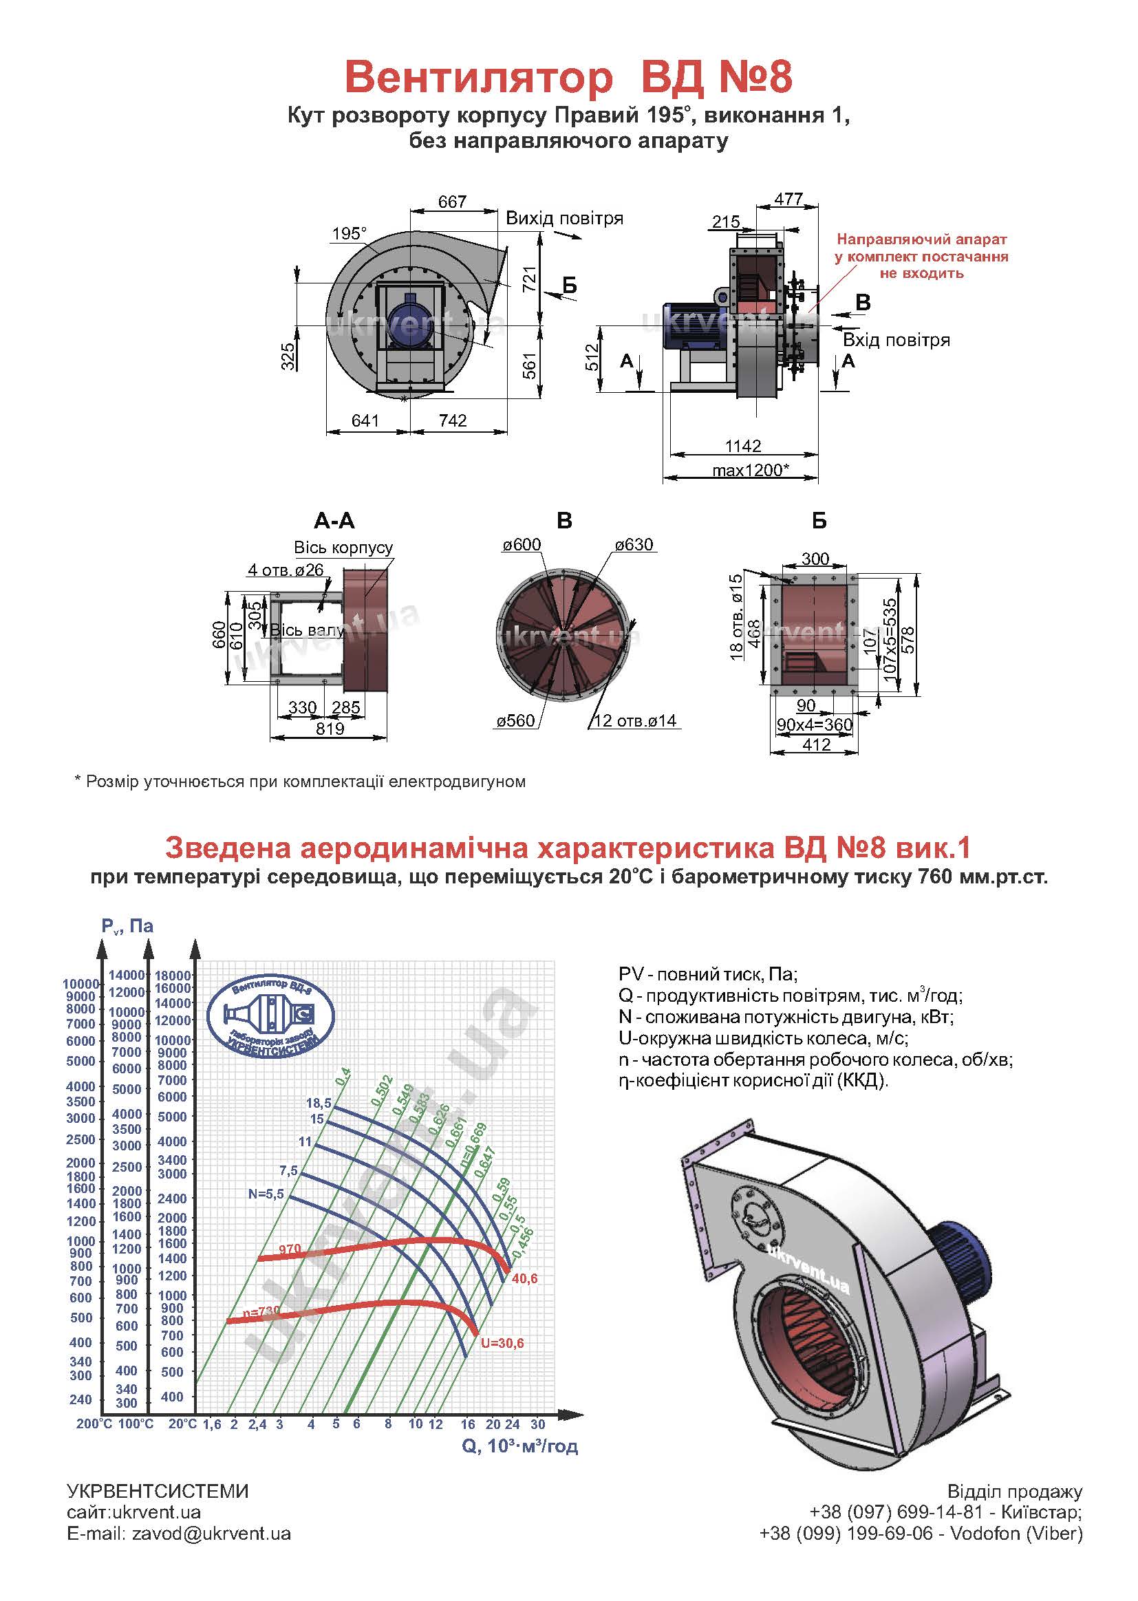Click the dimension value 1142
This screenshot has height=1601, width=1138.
click(x=743, y=446)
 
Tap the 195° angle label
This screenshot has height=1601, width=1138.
click(x=349, y=233)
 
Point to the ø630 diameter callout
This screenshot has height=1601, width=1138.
click(x=634, y=545)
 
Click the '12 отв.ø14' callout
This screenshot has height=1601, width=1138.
click(x=635, y=720)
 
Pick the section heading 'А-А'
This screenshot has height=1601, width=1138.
click(x=334, y=521)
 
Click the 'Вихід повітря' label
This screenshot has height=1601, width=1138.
click(x=564, y=218)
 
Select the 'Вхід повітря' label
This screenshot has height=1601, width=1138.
click(x=897, y=341)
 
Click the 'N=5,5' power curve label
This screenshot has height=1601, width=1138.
click(x=266, y=1194)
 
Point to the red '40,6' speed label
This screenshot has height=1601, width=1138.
click(x=525, y=1279)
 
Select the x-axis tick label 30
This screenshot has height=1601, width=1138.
click(x=537, y=1424)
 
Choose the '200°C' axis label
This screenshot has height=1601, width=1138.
click(x=94, y=1424)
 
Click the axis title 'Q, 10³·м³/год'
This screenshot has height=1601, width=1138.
click(x=519, y=1446)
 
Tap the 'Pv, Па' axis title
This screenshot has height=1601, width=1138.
click(x=127, y=926)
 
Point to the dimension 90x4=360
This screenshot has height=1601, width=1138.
click(x=813, y=724)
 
